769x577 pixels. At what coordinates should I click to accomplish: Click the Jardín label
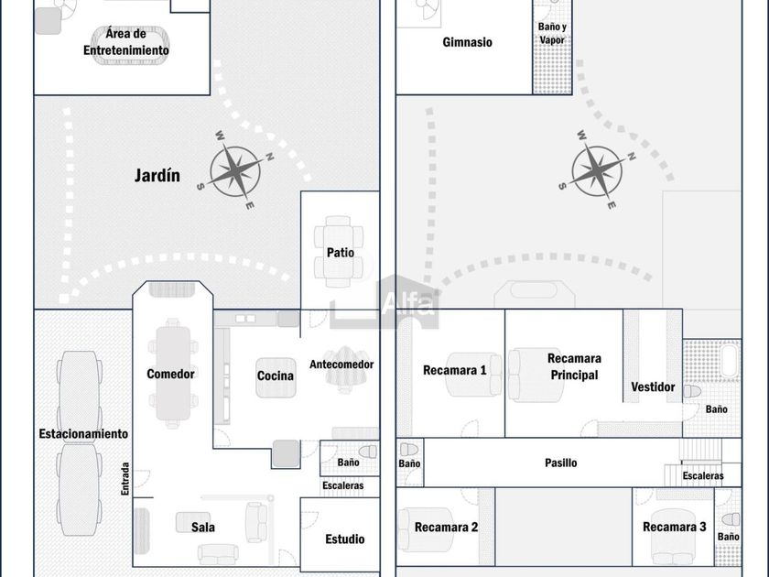coord(157,175)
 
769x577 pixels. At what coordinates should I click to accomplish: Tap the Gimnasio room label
coord(467,42)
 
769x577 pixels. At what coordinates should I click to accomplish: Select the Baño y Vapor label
coord(551,34)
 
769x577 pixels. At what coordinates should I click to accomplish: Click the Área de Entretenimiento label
coord(126,42)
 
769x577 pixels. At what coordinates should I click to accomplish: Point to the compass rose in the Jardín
coord(235,171)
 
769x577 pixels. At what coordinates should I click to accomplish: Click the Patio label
coord(340,253)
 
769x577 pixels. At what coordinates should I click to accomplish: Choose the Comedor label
coord(170,374)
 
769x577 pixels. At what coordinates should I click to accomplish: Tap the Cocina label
coord(276,376)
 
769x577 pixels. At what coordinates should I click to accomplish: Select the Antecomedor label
coord(341,365)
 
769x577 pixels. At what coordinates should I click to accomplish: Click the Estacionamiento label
coord(83,433)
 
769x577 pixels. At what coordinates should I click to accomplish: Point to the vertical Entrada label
coord(125,479)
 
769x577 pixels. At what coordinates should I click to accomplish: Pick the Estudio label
coord(344,539)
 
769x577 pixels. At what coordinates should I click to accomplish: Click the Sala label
coord(203,527)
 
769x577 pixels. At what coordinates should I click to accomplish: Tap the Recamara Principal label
coord(573,366)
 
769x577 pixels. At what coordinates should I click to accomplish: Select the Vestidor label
coord(653,387)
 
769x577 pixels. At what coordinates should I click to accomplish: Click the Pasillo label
coord(561,463)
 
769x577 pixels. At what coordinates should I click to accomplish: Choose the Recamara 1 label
coord(454,371)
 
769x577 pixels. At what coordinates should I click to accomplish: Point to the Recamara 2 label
coord(447,527)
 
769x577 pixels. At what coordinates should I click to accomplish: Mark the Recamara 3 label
coord(675,527)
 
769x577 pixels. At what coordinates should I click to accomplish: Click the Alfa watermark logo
coord(407,304)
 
